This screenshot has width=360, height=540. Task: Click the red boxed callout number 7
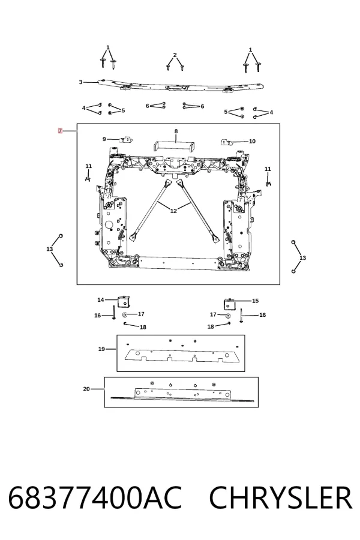(x=60, y=131)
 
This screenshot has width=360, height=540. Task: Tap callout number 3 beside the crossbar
(x=80, y=82)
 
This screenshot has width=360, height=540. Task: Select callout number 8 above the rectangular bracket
(x=176, y=131)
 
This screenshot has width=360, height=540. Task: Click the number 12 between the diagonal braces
(x=173, y=211)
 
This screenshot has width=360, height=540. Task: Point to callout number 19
(x=101, y=349)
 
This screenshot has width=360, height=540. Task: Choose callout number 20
(x=86, y=389)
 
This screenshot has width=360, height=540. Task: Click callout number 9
(x=104, y=139)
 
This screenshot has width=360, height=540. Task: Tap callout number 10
(x=252, y=141)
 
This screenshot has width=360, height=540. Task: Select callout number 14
(x=101, y=300)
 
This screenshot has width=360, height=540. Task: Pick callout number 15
(x=255, y=301)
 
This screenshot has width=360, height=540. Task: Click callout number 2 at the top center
(x=175, y=55)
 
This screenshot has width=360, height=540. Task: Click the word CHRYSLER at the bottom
(x=280, y=497)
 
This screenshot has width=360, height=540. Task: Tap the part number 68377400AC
(x=95, y=497)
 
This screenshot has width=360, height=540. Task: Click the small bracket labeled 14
(x=124, y=301)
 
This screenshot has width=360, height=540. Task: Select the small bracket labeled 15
(x=230, y=304)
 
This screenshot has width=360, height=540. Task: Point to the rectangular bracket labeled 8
(x=175, y=146)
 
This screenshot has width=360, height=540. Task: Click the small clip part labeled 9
(x=126, y=139)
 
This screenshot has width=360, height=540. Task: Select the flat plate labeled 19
(x=178, y=356)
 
